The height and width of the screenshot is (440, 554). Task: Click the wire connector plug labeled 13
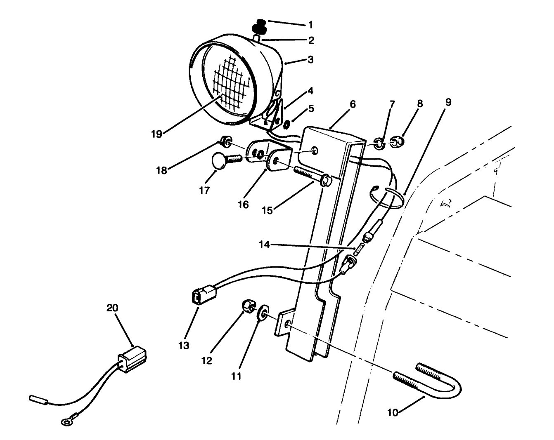pyautogui.click(x=199, y=298)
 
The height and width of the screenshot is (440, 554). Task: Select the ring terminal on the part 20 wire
pyautogui.click(x=65, y=421)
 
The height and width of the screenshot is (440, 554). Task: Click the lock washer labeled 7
pyautogui.click(x=379, y=143)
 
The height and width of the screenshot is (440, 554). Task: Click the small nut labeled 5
pyautogui.click(x=287, y=122)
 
